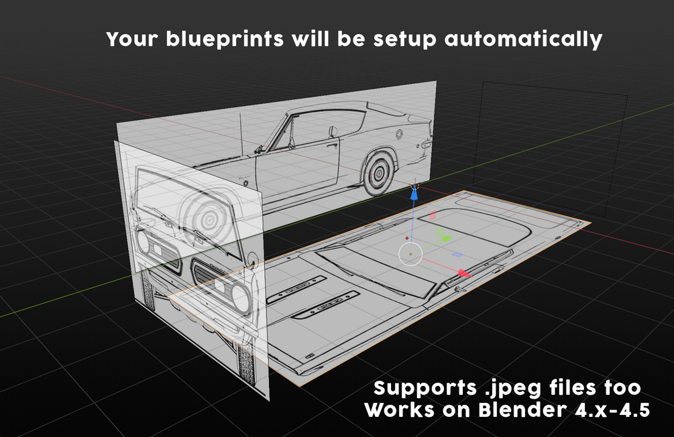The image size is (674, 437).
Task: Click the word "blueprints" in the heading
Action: pyautogui.click(x=225, y=40)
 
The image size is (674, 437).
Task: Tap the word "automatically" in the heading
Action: pyautogui.click(x=523, y=40)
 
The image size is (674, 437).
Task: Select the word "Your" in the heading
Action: pyautogui.click(x=133, y=39)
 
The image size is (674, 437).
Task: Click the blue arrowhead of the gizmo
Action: pyautogui.click(x=414, y=194)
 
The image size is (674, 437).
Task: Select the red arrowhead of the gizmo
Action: pyautogui.click(x=464, y=273)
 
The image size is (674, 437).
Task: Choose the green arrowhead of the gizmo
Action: pyautogui.click(x=446, y=238)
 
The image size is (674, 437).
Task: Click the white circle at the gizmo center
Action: pyautogui.click(x=410, y=254)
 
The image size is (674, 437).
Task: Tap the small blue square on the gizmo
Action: pyautogui.click(x=457, y=255)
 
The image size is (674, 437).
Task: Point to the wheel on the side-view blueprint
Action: pyautogui.click(x=379, y=173)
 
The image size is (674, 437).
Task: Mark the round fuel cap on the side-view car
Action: pyautogui.click(x=399, y=134)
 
